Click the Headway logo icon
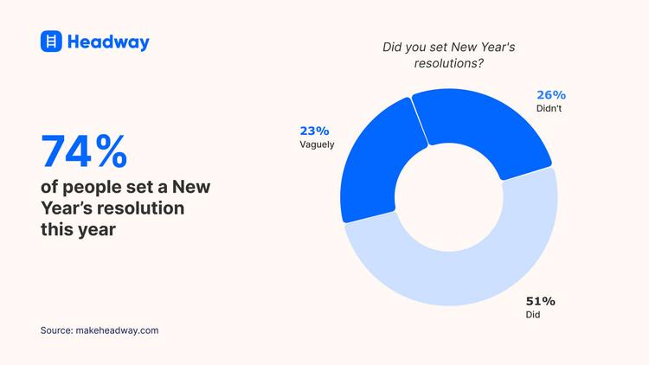click(52, 42)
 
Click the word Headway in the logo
click(108, 42)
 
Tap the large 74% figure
click(84, 151)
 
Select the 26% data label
click(550, 94)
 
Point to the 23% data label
click(314, 131)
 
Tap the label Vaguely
click(317, 145)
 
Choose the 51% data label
click(540, 301)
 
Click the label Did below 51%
click(533, 316)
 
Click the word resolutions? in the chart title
click(449, 64)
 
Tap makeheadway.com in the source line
click(118, 330)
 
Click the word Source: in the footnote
click(57, 330)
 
